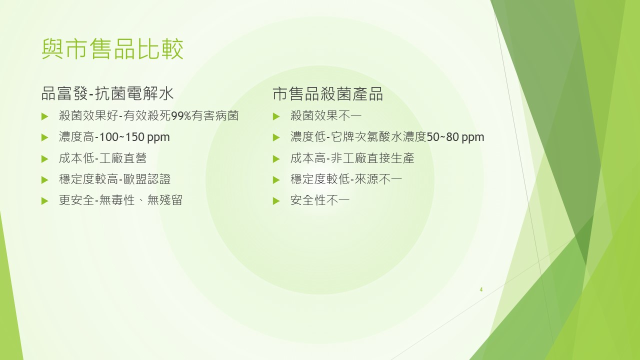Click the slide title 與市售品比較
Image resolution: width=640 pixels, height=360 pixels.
click(112, 49)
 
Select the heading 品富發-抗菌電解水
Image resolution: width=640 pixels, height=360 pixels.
click(107, 93)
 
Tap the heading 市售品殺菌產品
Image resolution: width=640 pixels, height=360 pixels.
click(327, 93)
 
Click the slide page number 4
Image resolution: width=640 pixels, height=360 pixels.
click(481, 289)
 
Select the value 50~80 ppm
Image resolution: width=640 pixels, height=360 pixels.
click(455, 137)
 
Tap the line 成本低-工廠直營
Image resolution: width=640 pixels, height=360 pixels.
click(102, 158)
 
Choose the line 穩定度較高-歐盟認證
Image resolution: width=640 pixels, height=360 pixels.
click(115, 179)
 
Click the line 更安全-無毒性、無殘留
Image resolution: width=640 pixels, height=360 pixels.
click(120, 200)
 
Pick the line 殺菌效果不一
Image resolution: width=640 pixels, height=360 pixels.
click(326, 116)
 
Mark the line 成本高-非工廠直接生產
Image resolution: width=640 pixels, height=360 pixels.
click(352, 158)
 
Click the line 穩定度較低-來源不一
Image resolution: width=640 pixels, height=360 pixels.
click(346, 179)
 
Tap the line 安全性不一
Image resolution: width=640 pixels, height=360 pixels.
click(320, 200)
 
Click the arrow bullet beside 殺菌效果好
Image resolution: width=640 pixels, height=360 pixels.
click(44, 116)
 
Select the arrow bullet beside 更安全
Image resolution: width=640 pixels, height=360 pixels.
click(44, 201)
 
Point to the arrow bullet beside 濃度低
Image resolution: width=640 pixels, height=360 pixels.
click(276, 137)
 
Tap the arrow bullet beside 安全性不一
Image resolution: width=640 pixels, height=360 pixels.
click(276, 201)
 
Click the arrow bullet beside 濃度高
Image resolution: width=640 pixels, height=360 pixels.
click(44, 137)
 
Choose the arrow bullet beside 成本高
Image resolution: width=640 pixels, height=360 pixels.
click(276, 159)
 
